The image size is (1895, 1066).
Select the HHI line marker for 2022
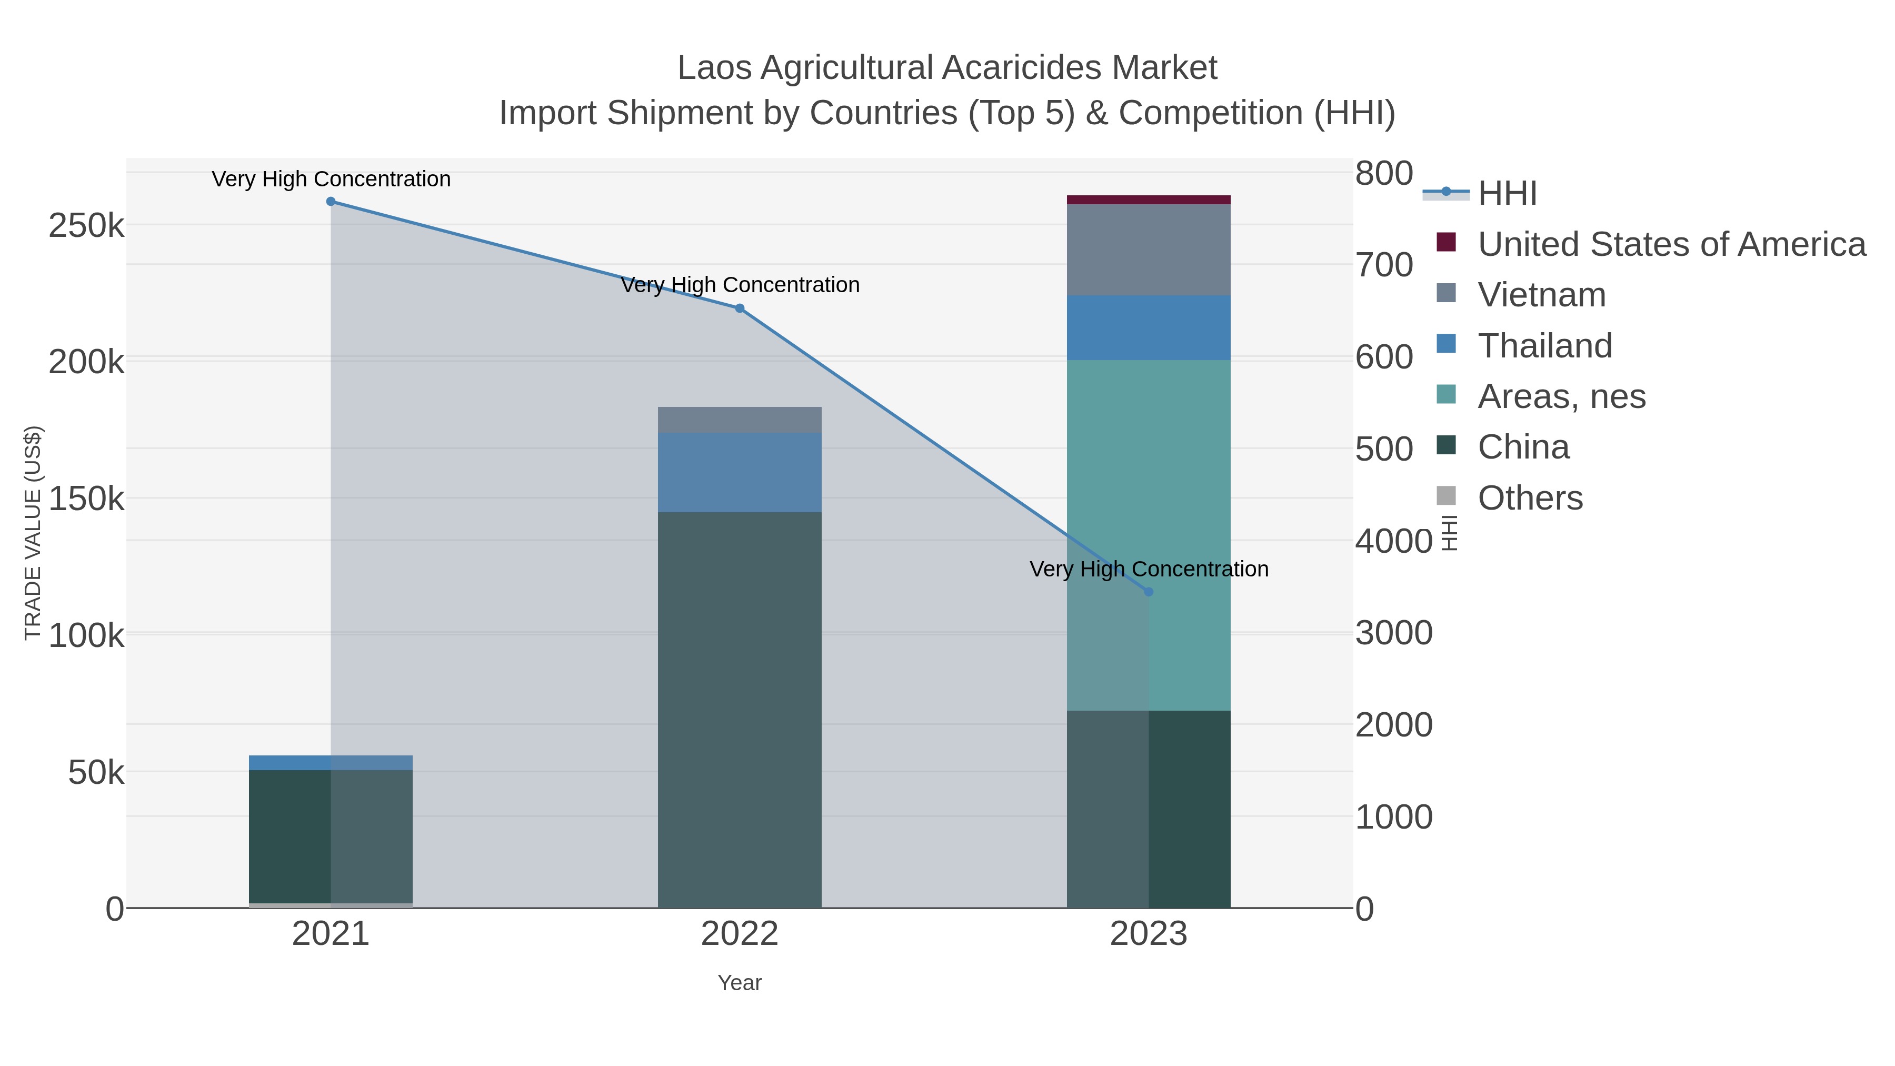click(740, 308)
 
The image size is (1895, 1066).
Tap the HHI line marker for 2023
click(1149, 592)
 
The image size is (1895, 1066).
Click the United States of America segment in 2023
click(1149, 200)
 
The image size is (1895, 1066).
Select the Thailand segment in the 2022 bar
click(740, 472)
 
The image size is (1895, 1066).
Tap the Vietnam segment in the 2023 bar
click(1149, 250)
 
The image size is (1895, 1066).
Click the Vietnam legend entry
click(1541, 295)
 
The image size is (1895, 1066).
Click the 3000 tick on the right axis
click(1393, 633)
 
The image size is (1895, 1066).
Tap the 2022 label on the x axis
click(740, 934)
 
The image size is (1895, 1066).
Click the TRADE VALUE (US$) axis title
click(33, 533)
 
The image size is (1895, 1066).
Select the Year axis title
click(740, 983)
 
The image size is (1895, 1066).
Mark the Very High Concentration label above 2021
click(331, 179)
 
